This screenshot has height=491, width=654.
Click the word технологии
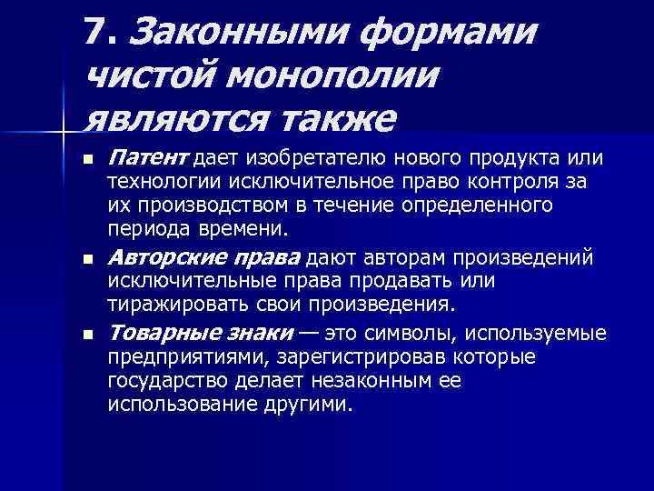154,183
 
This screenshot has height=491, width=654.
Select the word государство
162,380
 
